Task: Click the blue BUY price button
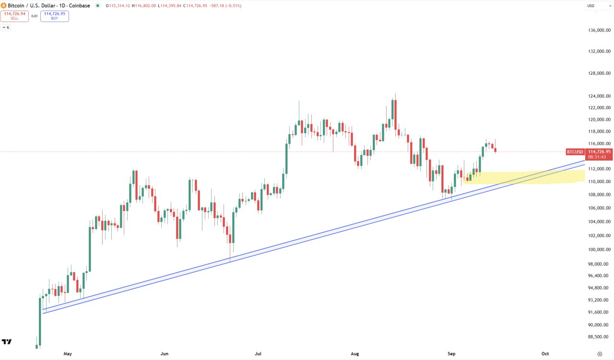54,16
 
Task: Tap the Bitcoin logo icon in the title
4,6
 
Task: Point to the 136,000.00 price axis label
599,30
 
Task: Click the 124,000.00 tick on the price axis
599,96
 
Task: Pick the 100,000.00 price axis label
599,249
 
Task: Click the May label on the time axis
68,354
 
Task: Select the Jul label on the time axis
259,354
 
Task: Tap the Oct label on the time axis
545,354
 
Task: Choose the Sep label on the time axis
451,354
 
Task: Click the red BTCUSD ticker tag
575,151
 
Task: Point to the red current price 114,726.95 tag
599,151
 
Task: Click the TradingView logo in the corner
7,342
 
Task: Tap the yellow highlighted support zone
528,177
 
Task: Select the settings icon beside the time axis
600,354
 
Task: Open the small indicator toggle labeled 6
5,27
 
